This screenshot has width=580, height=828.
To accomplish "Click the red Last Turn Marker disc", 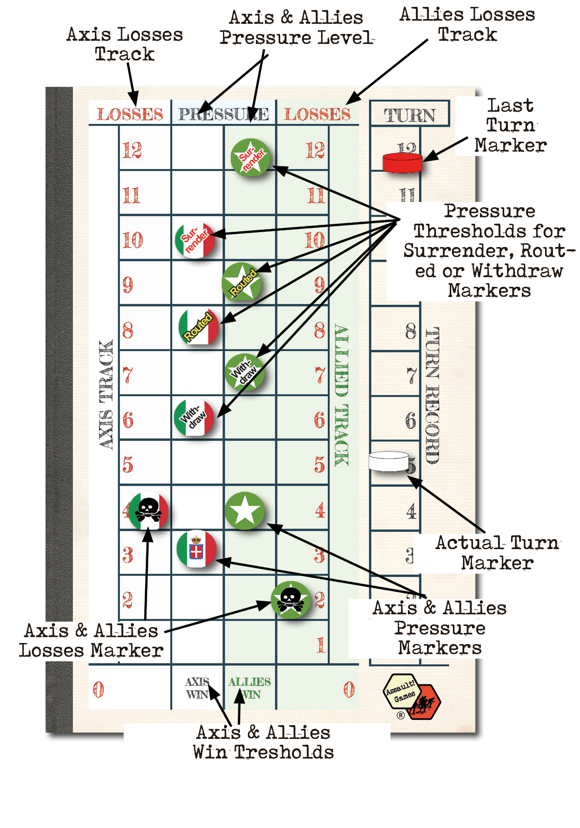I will tap(402, 162).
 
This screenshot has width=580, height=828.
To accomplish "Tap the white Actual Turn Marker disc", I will tap(388, 461).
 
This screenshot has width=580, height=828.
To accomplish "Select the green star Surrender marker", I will tap(251, 157).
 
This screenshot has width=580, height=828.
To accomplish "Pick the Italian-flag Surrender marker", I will tap(195, 240).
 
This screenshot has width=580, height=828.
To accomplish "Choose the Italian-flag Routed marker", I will tap(199, 327).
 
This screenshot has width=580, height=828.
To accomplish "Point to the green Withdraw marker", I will tap(244, 372).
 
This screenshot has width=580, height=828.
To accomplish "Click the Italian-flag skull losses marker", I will tap(148, 510).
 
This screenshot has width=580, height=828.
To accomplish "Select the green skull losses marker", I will tap(290, 600).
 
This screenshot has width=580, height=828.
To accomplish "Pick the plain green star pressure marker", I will tap(244, 510).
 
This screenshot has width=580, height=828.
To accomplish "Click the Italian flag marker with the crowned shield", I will tap(197, 549).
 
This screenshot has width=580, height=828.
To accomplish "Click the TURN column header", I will tap(409, 114).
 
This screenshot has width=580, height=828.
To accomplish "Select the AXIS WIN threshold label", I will tap(197, 688).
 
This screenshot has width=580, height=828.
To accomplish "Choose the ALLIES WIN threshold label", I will tap(249, 688).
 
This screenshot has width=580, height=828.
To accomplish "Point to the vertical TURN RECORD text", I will tap(432, 395).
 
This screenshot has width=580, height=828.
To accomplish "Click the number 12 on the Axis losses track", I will tap(132, 151).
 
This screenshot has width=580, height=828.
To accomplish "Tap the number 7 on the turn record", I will tap(411, 376).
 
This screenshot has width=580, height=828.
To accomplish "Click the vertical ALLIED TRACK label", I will tap(341, 395).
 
